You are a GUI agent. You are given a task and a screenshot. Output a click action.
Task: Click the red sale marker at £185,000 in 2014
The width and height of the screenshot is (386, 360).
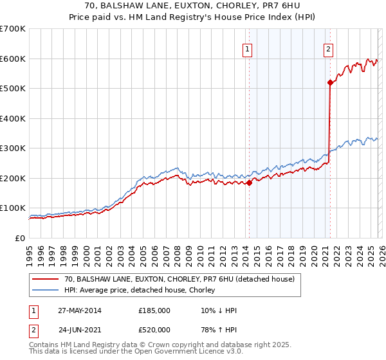(249, 183)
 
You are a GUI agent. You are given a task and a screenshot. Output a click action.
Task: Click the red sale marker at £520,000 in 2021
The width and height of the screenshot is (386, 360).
(330, 82)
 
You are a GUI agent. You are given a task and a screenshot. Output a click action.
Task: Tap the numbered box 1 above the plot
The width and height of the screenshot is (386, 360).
(248, 48)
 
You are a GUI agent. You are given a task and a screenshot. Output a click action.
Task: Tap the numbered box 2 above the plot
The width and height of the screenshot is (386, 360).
(328, 48)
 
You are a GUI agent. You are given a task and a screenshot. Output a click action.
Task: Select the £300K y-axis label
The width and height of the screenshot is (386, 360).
(13, 148)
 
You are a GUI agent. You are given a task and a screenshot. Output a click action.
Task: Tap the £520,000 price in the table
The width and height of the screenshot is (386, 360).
(154, 331)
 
